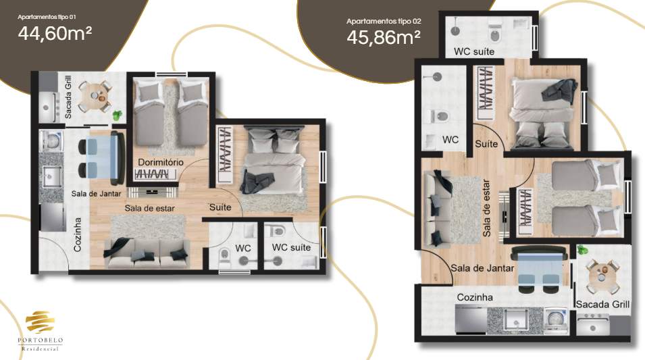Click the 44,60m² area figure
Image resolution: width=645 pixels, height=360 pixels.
tap(55, 33)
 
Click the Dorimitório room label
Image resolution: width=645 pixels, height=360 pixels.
tap(161, 162)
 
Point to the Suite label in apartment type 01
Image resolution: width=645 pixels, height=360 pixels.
tap(220, 207)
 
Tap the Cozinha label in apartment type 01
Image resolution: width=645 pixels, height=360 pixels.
tap(78, 234)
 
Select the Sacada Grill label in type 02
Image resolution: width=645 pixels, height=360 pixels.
tap(602, 305)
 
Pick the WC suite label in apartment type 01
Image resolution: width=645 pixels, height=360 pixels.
tap(291, 248)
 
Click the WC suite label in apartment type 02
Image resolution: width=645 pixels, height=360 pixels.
tap(473, 51)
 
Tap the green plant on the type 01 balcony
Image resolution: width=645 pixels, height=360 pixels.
tap(118, 115)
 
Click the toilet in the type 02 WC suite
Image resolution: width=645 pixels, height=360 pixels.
tap(496, 32)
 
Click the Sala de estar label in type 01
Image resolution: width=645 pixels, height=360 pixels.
tap(149, 208)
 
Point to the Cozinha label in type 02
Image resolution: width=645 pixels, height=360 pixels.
tap(475, 297)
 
